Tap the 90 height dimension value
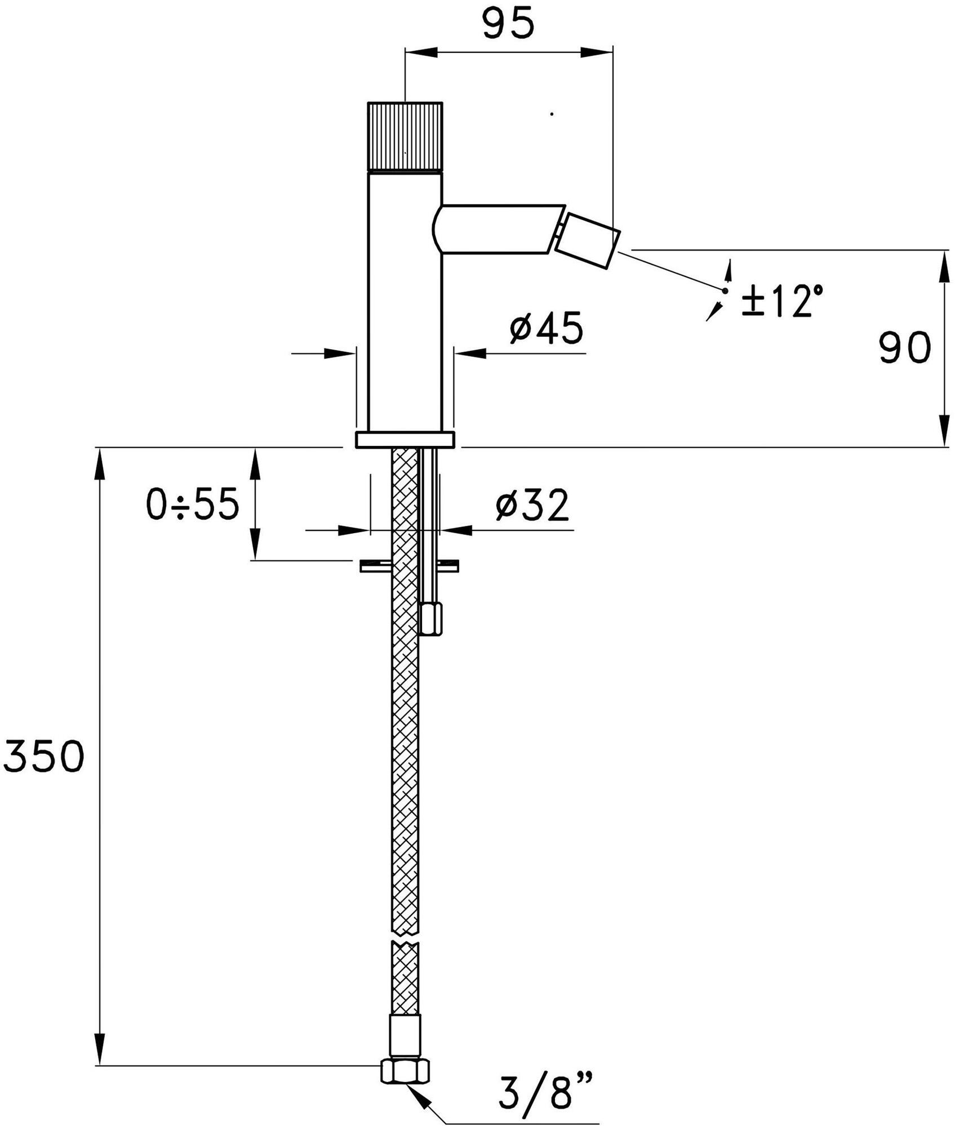tap(904, 348)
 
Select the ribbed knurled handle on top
tap(405, 137)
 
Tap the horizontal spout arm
tap(499, 228)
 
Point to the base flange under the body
tap(405, 440)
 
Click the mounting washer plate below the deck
tap(409, 566)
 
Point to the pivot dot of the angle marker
tap(725, 291)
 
